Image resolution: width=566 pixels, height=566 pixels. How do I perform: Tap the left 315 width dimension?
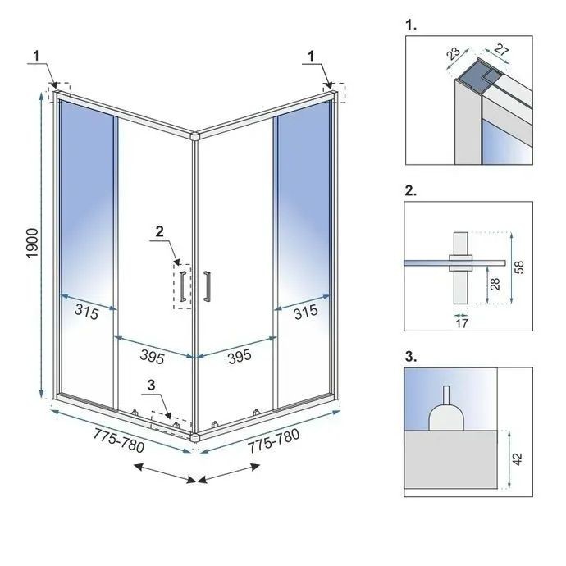pos(86,313)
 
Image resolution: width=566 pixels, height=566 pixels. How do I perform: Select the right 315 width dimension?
pos(306,313)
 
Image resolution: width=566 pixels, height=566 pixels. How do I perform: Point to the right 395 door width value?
pos(239,358)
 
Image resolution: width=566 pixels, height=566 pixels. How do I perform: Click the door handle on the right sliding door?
pos(208,284)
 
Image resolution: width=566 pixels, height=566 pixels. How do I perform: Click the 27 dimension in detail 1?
pos(502,51)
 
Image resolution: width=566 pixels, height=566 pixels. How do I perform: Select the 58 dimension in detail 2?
pos(519,267)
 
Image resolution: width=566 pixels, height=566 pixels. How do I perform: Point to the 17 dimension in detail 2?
pos(461,322)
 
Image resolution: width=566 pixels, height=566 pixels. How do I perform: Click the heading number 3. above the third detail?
pos(411,358)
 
